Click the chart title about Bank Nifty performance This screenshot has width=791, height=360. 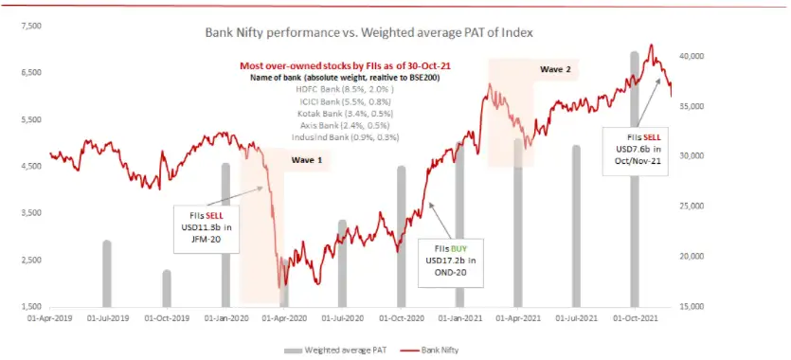(x=369, y=32)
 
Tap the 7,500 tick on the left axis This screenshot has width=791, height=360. (x=29, y=26)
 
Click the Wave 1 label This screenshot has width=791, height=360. (x=306, y=160)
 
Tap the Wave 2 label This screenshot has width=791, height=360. (x=555, y=70)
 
